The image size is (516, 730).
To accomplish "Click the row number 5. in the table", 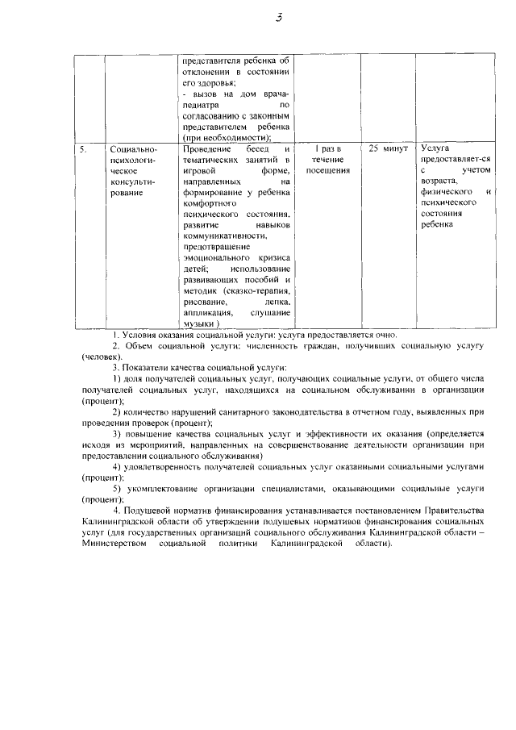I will pyautogui.click(x=82, y=150).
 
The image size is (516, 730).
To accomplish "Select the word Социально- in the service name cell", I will pyautogui.click(x=133, y=150).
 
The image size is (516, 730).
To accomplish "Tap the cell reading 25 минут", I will pyautogui.click(x=388, y=150).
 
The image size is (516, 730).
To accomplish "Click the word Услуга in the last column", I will pyautogui.click(x=435, y=150).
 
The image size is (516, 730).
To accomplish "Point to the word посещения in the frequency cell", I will pyautogui.click(x=328, y=171).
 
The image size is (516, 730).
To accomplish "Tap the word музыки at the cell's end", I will pyautogui.click(x=199, y=323).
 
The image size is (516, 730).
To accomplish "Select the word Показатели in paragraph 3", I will pyautogui.click(x=149, y=367).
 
